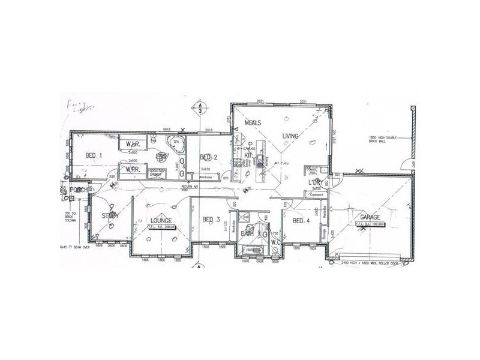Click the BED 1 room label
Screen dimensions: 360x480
click(93, 155)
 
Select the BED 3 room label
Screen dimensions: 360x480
click(211, 219)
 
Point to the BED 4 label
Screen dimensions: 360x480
click(302, 220)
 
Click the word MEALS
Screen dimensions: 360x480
click(251, 122)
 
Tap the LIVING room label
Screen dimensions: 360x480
click(290, 137)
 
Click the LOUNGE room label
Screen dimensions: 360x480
click(161, 221)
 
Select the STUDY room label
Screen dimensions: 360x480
click(110, 215)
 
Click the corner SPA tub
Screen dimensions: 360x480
click(177, 145)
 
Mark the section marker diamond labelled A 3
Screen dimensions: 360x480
click(199, 109)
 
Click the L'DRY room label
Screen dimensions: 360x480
click(317, 182)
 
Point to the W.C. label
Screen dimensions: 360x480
click(275, 242)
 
